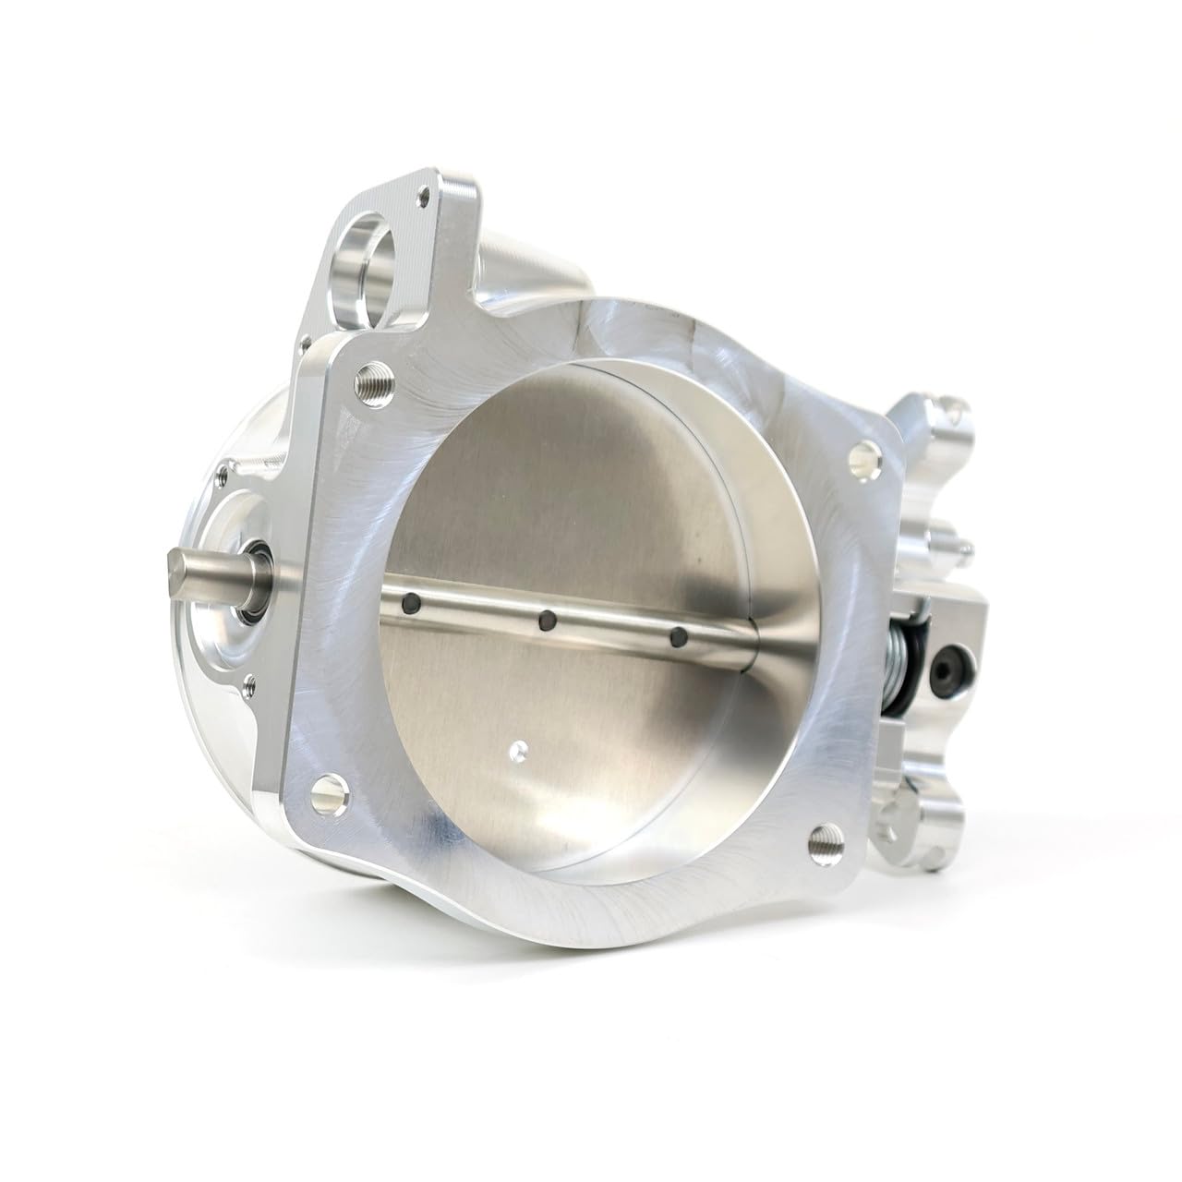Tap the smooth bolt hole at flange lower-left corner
click(x=325, y=790)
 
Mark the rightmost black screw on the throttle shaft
click(x=679, y=636)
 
